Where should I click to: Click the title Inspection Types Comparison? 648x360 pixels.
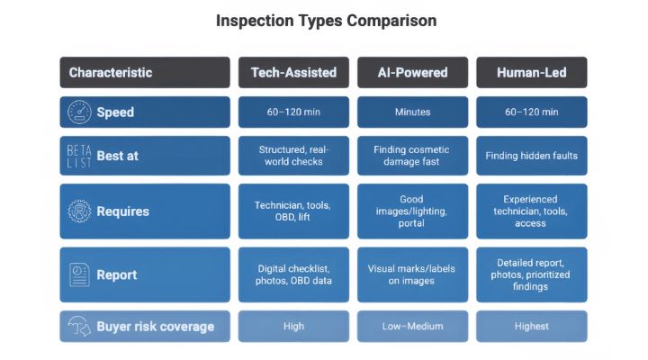click(x=326, y=21)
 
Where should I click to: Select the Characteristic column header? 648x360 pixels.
click(x=145, y=72)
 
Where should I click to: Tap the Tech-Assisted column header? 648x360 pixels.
click(x=293, y=72)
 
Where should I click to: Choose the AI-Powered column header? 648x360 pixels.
click(x=412, y=72)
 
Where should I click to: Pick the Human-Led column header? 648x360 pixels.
click(x=532, y=72)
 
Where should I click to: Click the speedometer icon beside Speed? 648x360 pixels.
click(x=79, y=112)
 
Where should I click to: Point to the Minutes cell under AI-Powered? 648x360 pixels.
click(x=412, y=112)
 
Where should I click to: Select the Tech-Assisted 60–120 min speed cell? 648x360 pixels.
click(x=293, y=112)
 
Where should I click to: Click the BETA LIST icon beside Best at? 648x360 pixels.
click(x=79, y=157)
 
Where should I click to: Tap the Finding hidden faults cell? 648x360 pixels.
click(x=532, y=156)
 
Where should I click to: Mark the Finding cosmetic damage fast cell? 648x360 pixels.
click(x=412, y=156)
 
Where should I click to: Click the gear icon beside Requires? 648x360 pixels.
click(x=79, y=211)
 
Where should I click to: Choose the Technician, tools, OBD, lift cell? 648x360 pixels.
click(x=293, y=211)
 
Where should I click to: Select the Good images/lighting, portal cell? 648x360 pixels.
click(x=412, y=211)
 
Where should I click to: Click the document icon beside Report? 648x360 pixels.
click(x=79, y=274)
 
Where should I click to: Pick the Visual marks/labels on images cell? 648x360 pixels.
click(x=412, y=274)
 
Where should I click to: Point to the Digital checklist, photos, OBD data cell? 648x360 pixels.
click(x=293, y=274)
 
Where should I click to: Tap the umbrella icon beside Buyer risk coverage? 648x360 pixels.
click(x=79, y=327)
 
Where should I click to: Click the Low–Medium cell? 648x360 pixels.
click(x=412, y=327)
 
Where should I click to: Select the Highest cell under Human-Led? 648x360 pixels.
click(x=532, y=327)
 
